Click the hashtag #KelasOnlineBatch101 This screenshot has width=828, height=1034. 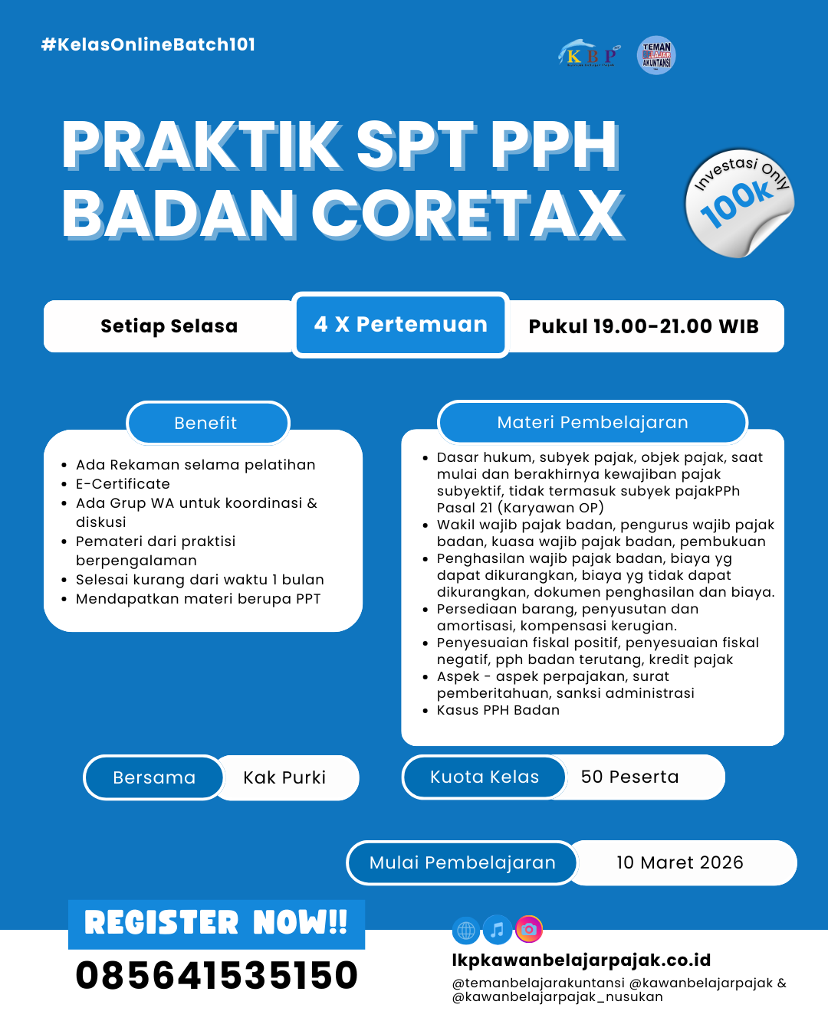click(148, 44)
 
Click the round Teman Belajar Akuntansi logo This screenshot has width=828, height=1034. click(656, 55)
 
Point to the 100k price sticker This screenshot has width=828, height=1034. click(738, 203)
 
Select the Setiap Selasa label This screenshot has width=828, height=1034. click(169, 326)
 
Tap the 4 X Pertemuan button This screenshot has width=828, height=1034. click(400, 325)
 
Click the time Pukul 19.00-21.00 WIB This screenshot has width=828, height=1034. click(643, 326)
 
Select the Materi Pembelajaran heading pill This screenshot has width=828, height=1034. click(592, 422)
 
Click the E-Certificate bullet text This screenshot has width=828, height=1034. click(123, 484)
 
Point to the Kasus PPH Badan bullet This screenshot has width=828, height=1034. click(498, 710)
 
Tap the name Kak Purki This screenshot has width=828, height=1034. click(284, 778)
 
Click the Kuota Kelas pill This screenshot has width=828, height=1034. click(485, 777)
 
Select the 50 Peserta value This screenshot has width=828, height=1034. click(629, 777)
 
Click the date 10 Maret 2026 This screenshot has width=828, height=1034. click(680, 863)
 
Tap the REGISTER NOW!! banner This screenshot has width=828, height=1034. click(216, 924)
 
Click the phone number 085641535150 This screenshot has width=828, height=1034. click(217, 976)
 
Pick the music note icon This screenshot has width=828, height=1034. click(498, 930)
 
